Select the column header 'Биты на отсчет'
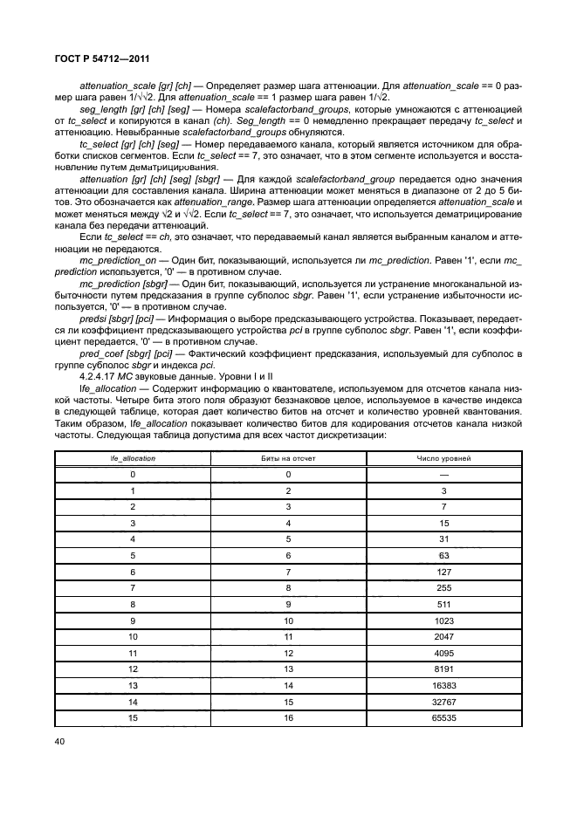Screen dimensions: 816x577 (x=288, y=457)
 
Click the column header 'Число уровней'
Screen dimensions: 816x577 (x=443, y=457)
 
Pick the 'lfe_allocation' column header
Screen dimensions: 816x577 (x=133, y=457)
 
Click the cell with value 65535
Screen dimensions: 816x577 (x=443, y=719)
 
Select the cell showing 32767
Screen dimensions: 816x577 (x=443, y=703)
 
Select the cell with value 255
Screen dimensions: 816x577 (x=443, y=588)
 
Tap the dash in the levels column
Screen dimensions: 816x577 (x=443, y=474)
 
